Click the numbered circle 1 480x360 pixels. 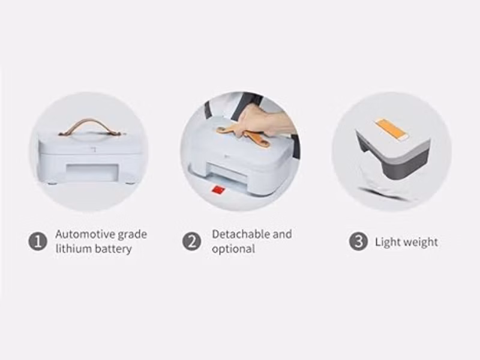pos(38,242)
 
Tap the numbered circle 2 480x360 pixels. pos(192,242)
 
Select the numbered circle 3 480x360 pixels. pos(358,242)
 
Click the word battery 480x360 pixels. pos(113,249)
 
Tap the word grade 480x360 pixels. pos(132,235)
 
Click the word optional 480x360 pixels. pos(233,249)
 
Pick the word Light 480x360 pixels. pos(387,242)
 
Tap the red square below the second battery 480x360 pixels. pos(218,190)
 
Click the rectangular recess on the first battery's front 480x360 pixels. pos(92,173)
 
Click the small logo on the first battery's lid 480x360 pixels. pos(94,149)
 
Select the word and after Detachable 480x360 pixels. pos(282,234)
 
